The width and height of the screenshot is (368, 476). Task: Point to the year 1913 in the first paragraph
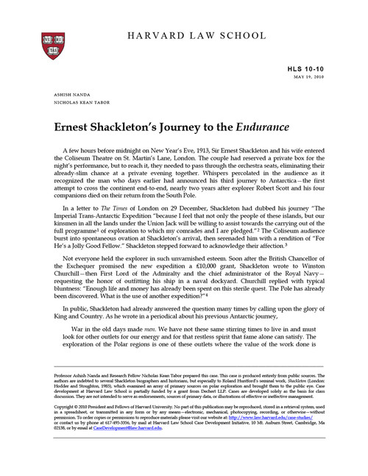coord(188,150)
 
